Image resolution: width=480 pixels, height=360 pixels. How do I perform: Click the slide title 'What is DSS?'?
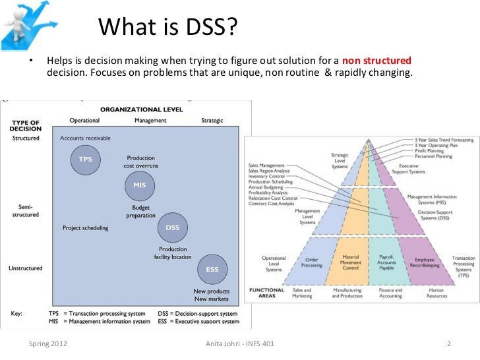pos(167,28)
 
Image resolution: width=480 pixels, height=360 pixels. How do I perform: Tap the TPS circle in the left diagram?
pos(86,160)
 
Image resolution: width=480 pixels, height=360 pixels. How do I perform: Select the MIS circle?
pos(140,185)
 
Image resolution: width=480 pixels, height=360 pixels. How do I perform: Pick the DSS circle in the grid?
pos(173,227)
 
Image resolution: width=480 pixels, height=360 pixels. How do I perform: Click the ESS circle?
pos(212,269)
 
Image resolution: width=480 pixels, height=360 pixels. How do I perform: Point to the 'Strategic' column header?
pos(212,121)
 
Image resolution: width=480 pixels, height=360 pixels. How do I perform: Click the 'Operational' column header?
pos(84,121)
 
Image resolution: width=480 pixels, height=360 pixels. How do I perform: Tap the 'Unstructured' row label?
pos(26,268)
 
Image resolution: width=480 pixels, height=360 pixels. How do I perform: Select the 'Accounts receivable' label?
pos(86,138)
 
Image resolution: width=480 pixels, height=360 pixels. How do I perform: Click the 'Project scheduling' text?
pos(85,228)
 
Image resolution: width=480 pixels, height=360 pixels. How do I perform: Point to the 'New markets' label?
pos(212,299)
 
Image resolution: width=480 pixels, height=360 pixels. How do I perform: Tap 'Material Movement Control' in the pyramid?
pos(351,262)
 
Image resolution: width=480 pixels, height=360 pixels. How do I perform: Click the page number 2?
pos(448,344)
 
